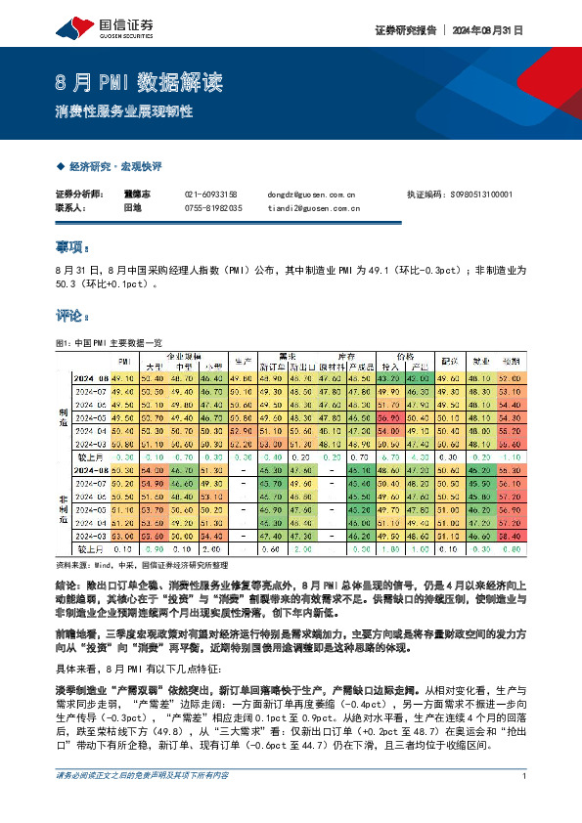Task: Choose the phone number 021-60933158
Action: (x=211, y=195)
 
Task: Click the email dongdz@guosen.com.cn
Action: (x=311, y=195)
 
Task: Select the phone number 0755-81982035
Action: (x=213, y=208)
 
